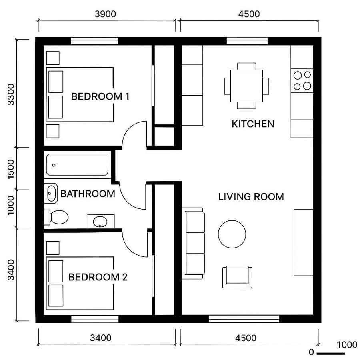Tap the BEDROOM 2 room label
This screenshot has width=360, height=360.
98,277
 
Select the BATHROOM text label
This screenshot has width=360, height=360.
88,194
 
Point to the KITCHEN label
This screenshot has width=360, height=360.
253,124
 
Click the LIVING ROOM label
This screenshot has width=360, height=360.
251,197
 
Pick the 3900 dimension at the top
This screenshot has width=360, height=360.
106,14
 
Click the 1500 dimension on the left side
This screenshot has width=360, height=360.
11,169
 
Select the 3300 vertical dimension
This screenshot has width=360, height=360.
11,94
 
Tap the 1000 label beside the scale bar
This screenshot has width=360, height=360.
347,345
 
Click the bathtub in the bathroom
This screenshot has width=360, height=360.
77,165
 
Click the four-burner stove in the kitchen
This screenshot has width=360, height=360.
302,80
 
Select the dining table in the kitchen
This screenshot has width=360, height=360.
246,86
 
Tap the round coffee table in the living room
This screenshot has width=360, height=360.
232,234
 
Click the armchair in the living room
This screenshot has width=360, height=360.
237,277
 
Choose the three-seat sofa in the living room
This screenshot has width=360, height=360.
194,243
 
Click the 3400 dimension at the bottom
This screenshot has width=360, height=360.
100,338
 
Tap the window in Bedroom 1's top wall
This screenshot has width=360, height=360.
95,41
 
